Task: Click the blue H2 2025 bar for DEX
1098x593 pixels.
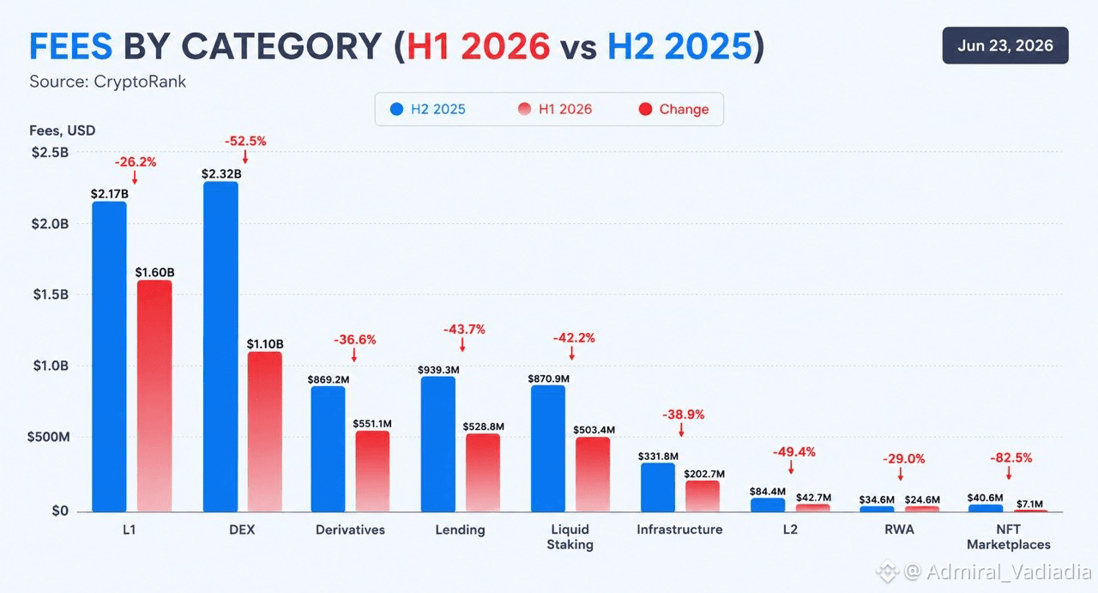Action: pyautogui.click(x=220, y=347)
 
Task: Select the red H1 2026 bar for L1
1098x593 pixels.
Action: pyautogui.click(x=154, y=396)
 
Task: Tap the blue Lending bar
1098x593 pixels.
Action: pyautogui.click(x=438, y=445)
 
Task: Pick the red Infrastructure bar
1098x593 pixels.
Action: pyautogui.click(x=703, y=496)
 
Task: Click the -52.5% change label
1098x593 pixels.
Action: pyautogui.click(x=245, y=142)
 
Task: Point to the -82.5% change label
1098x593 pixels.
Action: pyautogui.click(x=1011, y=457)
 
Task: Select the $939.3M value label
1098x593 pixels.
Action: pyautogui.click(x=438, y=369)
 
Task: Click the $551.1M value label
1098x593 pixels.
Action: pyautogui.click(x=372, y=423)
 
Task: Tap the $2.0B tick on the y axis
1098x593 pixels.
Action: pyautogui.click(x=50, y=224)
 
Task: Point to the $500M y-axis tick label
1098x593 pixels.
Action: pyautogui.click(x=49, y=437)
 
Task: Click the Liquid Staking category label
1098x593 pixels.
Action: pyautogui.click(x=570, y=536)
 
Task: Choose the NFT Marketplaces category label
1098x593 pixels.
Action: pyautogui.click(x=1008, y=536)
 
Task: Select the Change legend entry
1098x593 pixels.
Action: pyautogui.click(x=674, y=109)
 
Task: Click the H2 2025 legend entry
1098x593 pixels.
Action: pyautogui.click(x=427, y=109)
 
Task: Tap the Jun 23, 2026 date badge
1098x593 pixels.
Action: pyautogui.click(x=1005, y=45)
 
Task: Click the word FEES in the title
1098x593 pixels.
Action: pyautogui.click(x=71, y=46)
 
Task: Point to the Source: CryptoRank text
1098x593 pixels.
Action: pyautogui.click(x=108, y=82)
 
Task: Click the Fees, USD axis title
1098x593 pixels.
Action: pyautogui.click(x=63, y=130)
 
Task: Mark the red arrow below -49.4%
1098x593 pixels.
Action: pyautogui.click(x=791, y=467)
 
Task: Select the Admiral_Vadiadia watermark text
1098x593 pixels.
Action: pyautogui.click(x=1009, y=572)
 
